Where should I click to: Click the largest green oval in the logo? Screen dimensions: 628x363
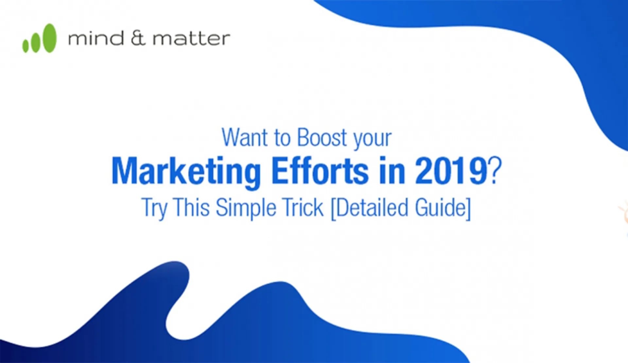pyautogui.click(x=49, y=38)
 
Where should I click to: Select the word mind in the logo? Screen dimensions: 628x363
pyautogui.click(x=96, y=38)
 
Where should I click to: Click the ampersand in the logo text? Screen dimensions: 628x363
pyautogui.click(x=138, y=38)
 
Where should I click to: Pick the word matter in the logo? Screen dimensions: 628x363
pyautogui.click(x=191, y=39)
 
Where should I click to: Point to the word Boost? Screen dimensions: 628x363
pyautogui.click(x=322, y=137)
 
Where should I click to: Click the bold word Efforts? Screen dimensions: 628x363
pyautogui.click(x=320, y=171)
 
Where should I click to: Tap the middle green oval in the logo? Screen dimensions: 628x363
pyautogui.click(x=35, y=42)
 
